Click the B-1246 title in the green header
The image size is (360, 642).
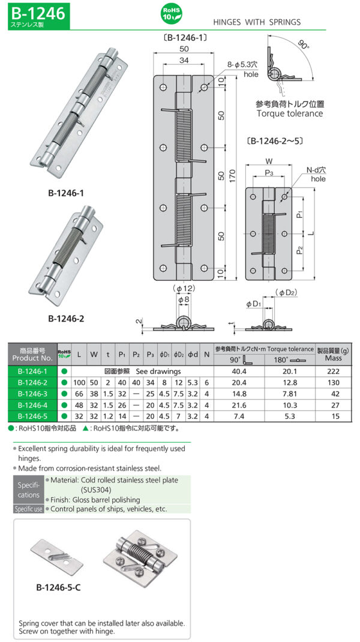tap(36, 12)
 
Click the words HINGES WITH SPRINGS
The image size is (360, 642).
tap(257, 22)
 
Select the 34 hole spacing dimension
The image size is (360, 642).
tap(184, 60)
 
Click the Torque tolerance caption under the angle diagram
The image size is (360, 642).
tap(290, 113)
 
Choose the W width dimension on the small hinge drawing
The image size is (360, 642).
tap(269, 161)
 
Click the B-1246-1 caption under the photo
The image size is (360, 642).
tap(65, 193)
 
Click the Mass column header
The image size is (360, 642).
tap(333, 358)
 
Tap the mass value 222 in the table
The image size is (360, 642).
tap(333, 371)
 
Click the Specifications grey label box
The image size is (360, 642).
tap(28, 490)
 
